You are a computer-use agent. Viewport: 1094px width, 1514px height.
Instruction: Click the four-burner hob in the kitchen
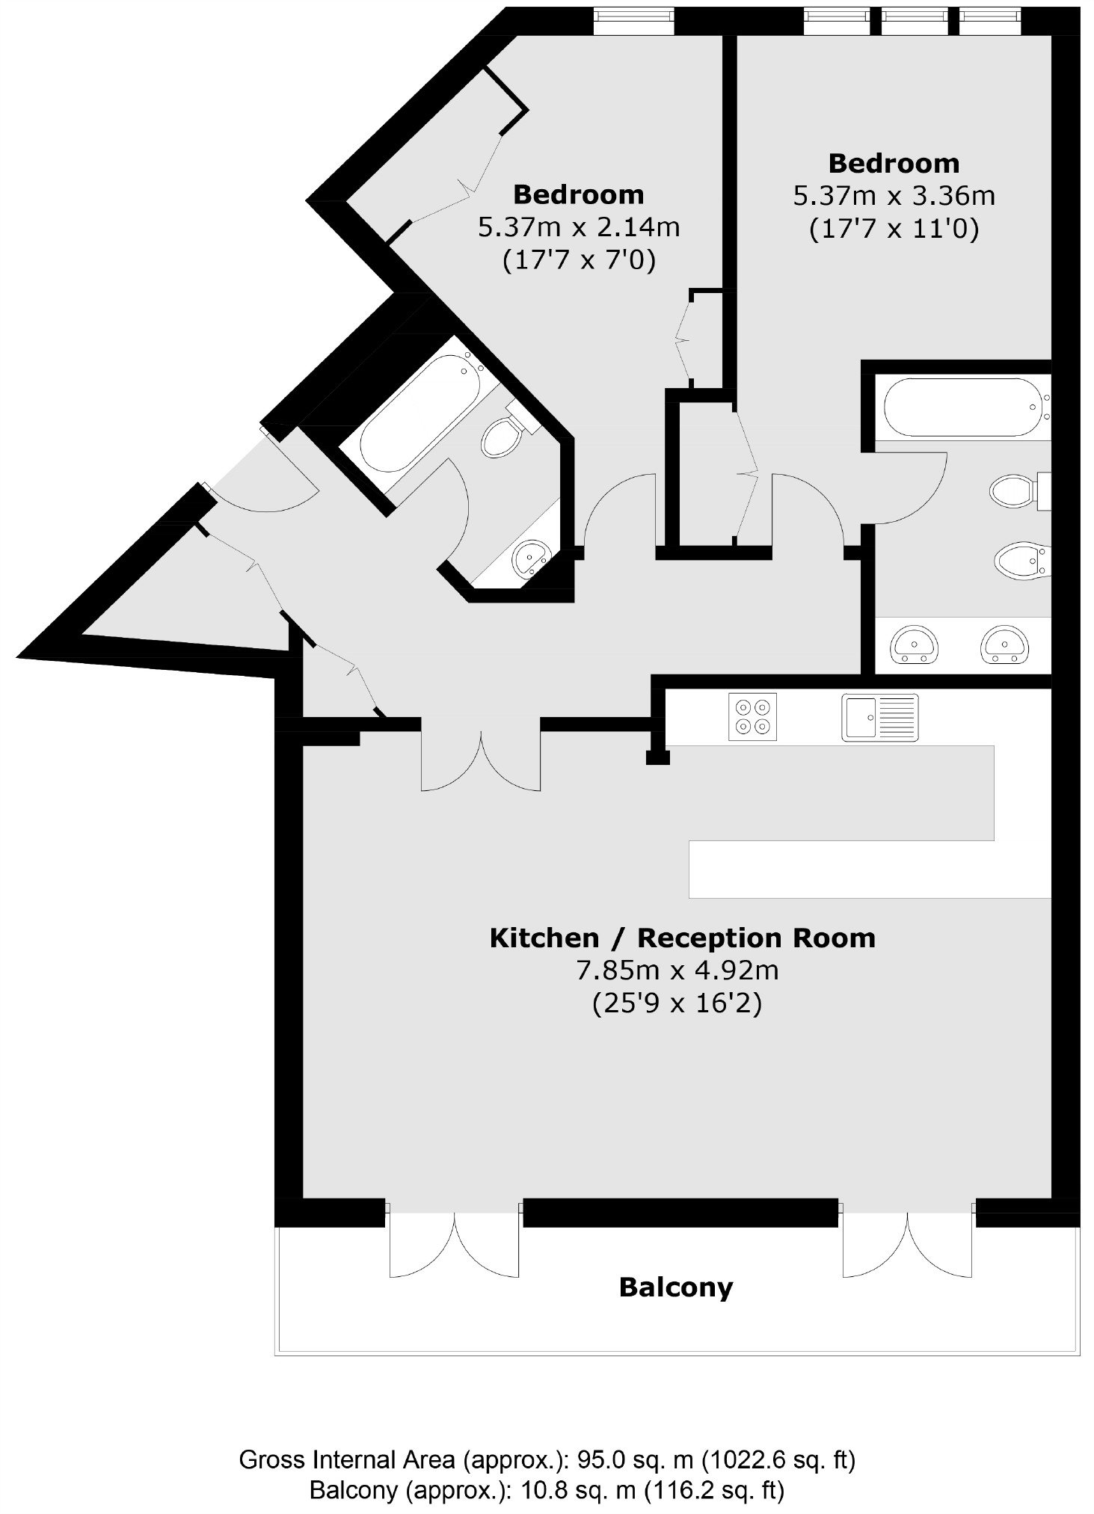752,717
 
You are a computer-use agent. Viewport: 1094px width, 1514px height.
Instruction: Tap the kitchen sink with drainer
880,717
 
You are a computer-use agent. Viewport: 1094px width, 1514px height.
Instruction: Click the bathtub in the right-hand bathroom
963,407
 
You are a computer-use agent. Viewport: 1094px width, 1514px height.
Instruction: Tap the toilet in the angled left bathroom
508,430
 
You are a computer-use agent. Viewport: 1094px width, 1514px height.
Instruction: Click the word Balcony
676,1288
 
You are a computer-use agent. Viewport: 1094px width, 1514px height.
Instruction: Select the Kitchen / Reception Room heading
682,938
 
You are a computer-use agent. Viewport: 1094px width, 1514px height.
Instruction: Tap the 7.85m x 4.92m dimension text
677,970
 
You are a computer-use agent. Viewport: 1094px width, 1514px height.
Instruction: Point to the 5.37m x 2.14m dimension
579,227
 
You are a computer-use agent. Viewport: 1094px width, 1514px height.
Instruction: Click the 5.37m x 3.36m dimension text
894,196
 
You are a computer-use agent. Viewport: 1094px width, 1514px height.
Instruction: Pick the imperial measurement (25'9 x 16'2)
677,1003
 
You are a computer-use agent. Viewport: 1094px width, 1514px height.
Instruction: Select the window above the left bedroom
634,21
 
